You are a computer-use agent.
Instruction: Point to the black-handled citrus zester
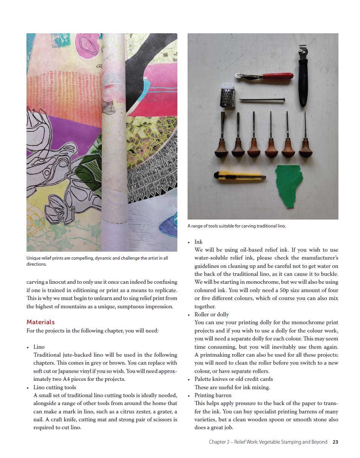[x=303, y=76]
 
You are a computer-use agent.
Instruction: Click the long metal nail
[x=262, y=100]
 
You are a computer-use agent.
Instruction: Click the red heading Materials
[x=40, y=322]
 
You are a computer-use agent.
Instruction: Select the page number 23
[x=335, y=442]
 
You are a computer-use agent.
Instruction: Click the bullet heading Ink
[x=199, y=242]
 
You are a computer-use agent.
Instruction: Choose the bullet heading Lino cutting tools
[x=55, y=387]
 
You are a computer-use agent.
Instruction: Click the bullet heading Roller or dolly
[x=211, y=314]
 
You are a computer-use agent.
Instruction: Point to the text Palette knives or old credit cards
[x=233, y=379]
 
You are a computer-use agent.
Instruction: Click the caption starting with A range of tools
[x=237, y=226]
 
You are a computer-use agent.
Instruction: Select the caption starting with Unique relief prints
[x=97, y=258]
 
